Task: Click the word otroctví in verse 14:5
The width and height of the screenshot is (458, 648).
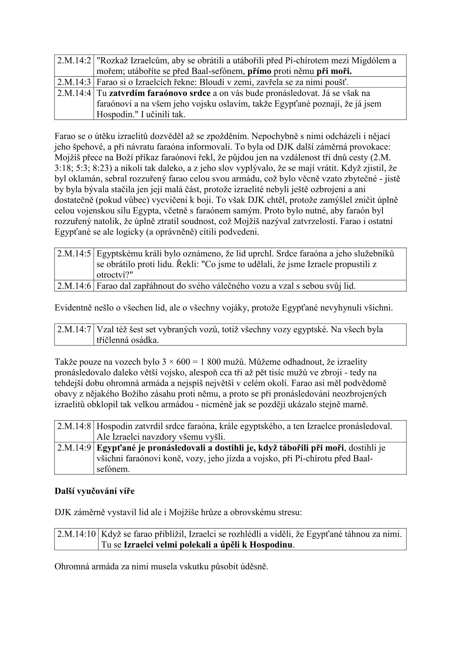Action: pos(114,275)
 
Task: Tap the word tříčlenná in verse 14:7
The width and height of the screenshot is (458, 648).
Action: pos(113,340)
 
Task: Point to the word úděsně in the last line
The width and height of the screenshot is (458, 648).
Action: pos(254,567)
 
